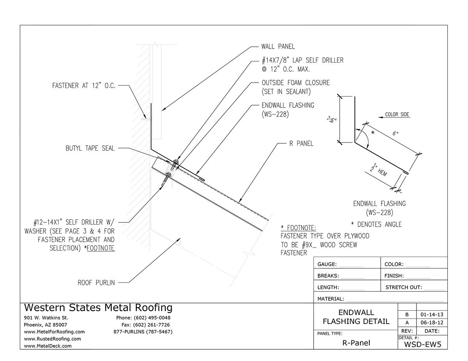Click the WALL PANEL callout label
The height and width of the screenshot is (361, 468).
278,46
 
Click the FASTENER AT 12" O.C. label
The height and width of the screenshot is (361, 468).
83,86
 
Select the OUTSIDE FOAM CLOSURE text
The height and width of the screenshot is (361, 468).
295,83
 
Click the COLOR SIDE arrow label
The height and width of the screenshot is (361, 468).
397,114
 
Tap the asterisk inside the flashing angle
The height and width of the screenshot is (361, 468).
372,134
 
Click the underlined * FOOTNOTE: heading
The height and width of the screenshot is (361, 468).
298,228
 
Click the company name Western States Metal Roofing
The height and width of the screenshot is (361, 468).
98,308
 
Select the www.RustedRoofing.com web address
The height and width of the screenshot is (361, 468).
52,339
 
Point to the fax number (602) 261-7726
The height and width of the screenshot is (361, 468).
145,325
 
